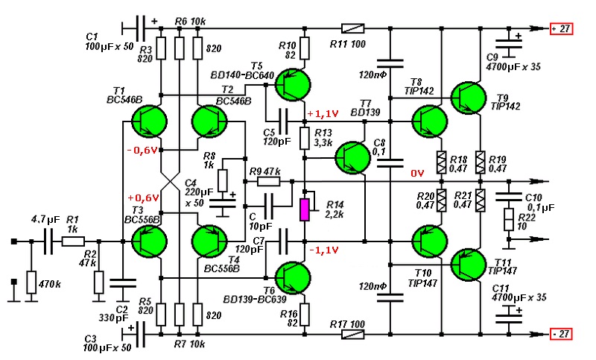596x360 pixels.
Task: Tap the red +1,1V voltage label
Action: (x=322, y=113)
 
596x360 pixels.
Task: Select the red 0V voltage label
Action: (x=417, y=174)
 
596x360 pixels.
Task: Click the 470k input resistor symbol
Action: (x=32, y=282)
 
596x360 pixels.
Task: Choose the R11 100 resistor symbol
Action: (x=352, y=29)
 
